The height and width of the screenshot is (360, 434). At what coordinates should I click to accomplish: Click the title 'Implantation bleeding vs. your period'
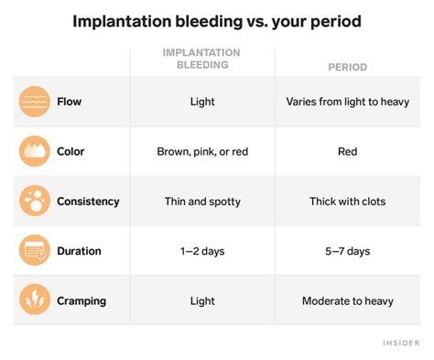(x=216, y=20)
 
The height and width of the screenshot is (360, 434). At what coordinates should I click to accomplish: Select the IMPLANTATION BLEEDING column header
(x=201, y=60)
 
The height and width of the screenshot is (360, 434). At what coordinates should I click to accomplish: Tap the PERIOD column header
(x=347, y=68)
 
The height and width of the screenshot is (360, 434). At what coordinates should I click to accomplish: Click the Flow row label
(x=70, y=102)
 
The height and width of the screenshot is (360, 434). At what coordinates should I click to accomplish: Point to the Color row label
(x=71, y=151)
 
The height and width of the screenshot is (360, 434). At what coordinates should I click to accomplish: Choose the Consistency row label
(x=88, y=201)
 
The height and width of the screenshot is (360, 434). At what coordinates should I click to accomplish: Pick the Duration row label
(x=79, y=250)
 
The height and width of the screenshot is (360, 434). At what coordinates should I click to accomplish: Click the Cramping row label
(x=82, y=300)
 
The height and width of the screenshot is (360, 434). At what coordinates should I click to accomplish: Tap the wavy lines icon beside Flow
(x=35, y=102)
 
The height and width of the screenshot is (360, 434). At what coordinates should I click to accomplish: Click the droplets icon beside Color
(x=35, y=151)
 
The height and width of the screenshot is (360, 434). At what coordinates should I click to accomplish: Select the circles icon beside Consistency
(x=35, y=201)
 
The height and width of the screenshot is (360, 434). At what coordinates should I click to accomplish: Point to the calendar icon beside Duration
(x=35, y=250)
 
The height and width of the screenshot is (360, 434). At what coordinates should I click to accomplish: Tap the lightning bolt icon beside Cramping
(x=35, y=300)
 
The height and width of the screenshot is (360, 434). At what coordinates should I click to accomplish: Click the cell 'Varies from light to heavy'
(x=347, y=102)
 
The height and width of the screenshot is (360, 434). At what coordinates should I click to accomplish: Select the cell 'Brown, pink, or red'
(x=201, y=151)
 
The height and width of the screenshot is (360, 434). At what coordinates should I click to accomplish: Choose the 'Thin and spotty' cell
(x=201, y=201)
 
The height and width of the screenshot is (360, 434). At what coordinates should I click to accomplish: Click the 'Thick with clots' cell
(x=347, y=201)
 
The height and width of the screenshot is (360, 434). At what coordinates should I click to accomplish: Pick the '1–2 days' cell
(x=201, y=250)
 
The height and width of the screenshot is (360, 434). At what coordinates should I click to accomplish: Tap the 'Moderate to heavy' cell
(x=347, y=300)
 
